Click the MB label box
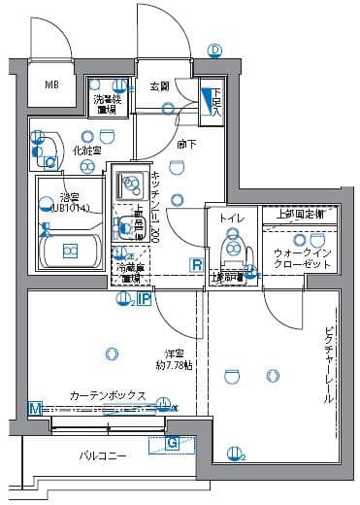coord(51,84)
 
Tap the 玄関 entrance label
coord(159,87)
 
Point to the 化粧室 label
coord(87,151)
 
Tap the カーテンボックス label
coord(108,396)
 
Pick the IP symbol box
coord(144,300)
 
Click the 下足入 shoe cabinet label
coord(215,101)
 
